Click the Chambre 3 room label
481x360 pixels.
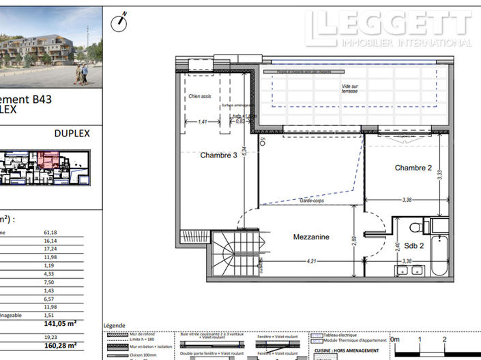(x=218, y=155)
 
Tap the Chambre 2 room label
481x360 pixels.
(x=413, y=168)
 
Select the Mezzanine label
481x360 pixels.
(x=311, y=237)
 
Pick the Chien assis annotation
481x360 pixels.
(x=200, y=97)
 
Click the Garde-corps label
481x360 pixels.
(x=310, y=200)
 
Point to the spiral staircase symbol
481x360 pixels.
(x=226, y=254)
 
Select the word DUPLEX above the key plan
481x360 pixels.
(x=72, y=134)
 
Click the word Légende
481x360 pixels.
(x=114, y=326)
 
